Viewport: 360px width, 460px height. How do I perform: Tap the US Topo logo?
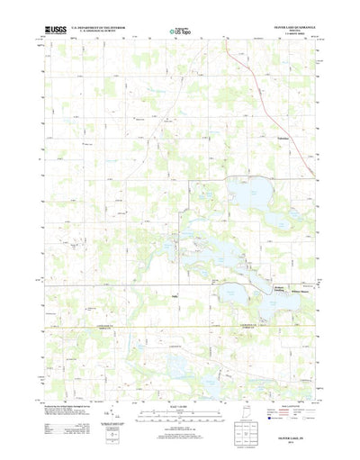179,33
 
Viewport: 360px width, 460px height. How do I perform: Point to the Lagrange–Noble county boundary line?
180,323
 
